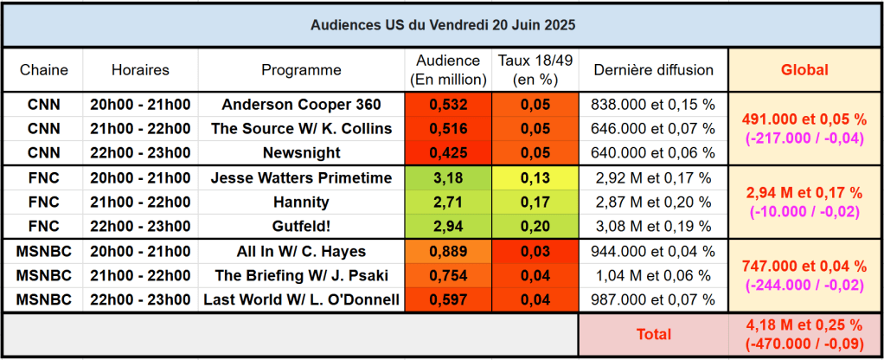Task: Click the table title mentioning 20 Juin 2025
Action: click(x=442, y=25)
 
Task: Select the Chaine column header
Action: click(x=44, y=70)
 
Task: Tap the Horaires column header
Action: click(x=140, y=70)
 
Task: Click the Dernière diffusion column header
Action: click(x=653, y=70)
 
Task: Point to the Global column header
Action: click(x=804, y=70)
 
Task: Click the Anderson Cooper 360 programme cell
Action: click(x=301, y=105)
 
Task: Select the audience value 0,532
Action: click(x=448, y=105)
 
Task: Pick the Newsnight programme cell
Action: click(x=301, y=153)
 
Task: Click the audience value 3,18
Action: click(x=448, y=178)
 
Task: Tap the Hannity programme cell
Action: click(x=301, y=202)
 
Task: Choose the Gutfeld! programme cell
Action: click(x=301, y=227)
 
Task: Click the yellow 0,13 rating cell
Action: click(x=535, y=178)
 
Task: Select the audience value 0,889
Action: click(x=448, y=252)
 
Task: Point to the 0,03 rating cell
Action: click(x=535, y=252)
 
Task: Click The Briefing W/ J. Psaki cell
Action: click(x=301, y=276)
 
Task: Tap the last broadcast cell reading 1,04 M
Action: click(x=653, y=276)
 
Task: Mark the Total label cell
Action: click(x=653, y=333)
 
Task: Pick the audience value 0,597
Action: click(x=448, y=300)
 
